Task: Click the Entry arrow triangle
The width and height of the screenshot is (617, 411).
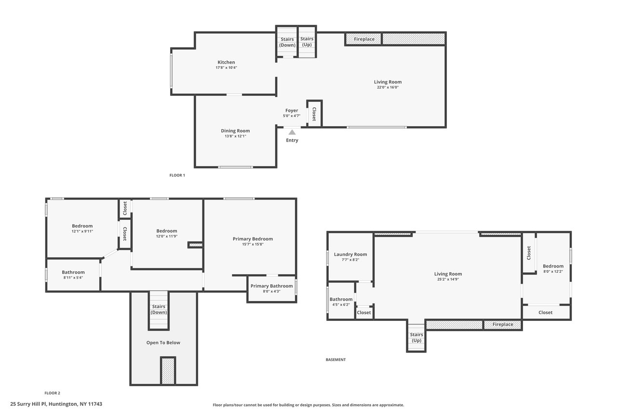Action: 292,132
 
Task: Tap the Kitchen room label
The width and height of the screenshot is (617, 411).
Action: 226,62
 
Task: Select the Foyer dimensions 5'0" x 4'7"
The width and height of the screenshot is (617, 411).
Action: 292,116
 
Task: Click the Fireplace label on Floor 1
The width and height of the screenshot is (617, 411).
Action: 364,39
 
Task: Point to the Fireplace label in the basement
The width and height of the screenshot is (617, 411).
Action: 503,324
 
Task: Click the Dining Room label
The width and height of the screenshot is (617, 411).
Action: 235,131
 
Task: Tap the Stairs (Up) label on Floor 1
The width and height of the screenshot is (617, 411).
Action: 307,41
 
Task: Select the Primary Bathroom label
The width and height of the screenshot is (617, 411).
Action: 271,286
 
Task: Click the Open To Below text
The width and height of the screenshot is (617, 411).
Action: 163,343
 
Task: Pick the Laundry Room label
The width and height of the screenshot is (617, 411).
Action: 350,254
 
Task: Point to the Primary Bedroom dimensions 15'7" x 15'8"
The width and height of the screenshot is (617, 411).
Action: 253,244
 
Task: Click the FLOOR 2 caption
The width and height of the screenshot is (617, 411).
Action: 52,393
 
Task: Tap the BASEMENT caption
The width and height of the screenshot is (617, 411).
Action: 335,359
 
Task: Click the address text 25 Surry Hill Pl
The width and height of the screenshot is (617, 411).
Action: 28,404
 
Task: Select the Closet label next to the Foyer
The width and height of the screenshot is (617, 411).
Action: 314,114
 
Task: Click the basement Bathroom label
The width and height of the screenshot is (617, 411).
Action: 341,299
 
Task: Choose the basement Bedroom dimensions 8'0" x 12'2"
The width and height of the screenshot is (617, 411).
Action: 553,271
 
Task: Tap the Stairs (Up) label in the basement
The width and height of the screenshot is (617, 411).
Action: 416,337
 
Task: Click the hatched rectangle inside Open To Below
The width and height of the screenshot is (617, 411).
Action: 168,371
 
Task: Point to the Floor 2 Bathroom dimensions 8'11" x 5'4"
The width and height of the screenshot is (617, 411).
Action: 73,278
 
